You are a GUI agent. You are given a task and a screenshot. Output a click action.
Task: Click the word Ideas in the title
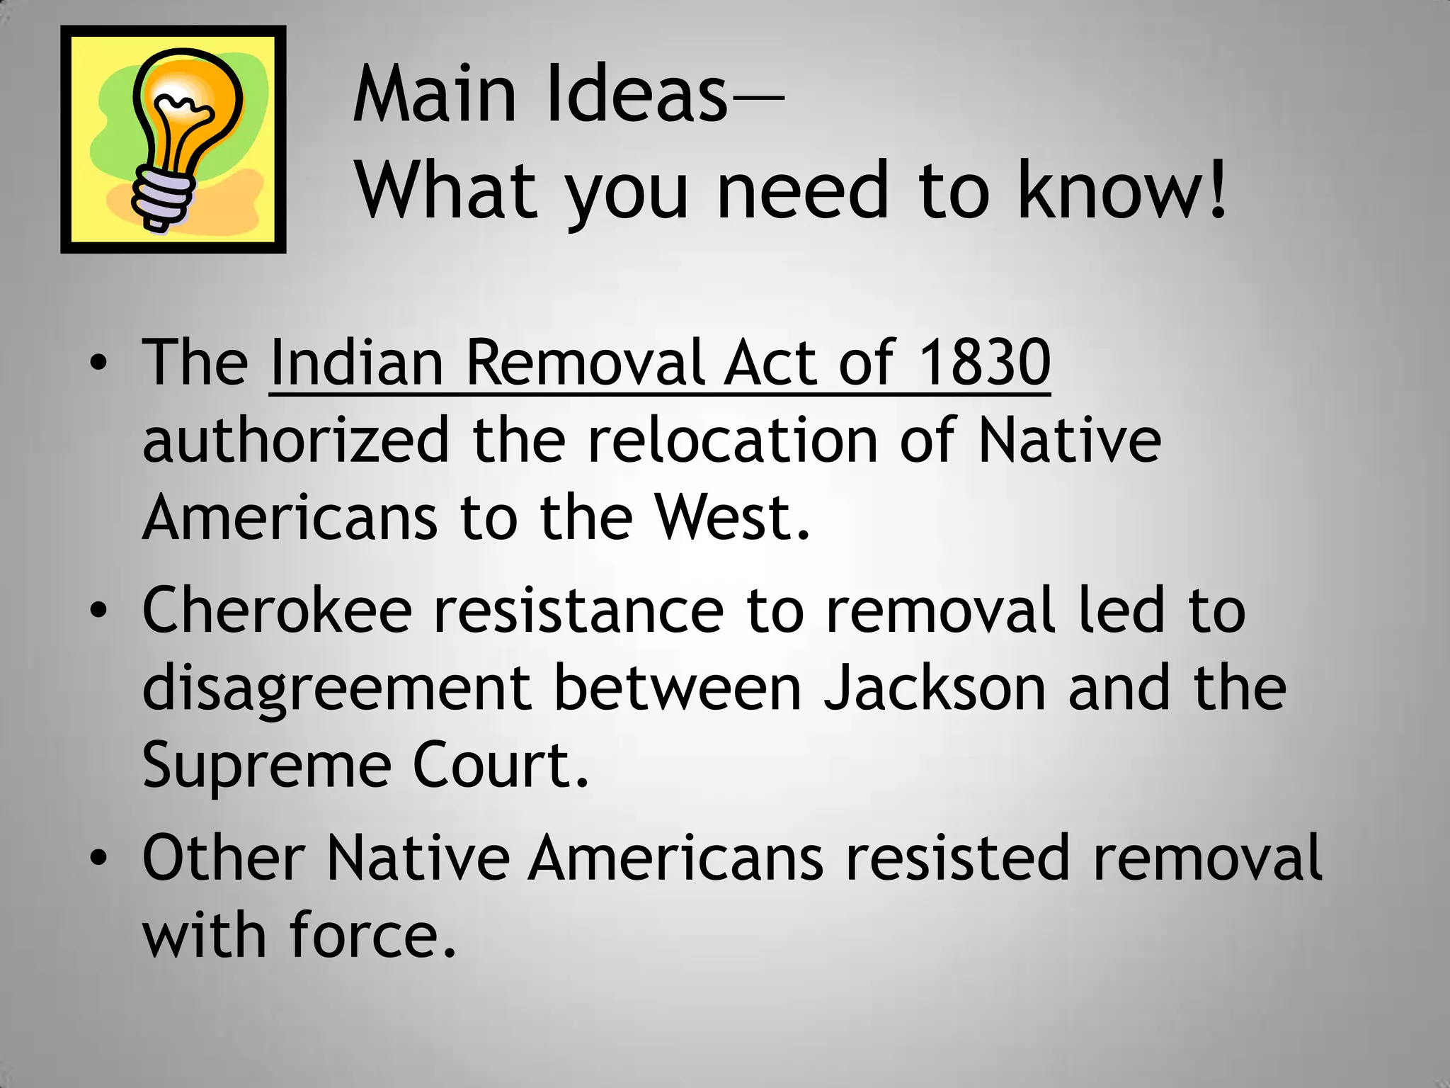pyautogui.click(x=636, y=95)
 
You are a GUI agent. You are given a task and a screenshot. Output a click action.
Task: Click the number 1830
pyautogui.click(x=984, y=363)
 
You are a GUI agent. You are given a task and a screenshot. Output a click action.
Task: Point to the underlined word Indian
pyautogui.click(x=357, y=363)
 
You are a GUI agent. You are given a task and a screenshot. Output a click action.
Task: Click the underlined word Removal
pyautogui.click(x=585, y=363)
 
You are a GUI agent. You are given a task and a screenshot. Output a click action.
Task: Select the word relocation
pyautogui.click(x=732, y=441)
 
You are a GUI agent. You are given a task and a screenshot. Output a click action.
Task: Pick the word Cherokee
pyautogui.click(x=277, y=611)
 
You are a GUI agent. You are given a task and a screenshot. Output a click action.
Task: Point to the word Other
pyautogui.click(x=224, y=858)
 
